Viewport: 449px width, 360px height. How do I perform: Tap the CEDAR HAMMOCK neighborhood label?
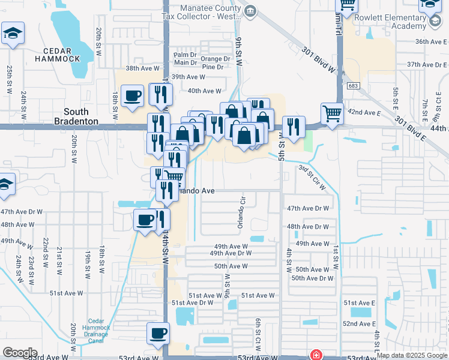pos(57,55)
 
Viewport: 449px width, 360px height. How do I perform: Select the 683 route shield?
pos(353,86)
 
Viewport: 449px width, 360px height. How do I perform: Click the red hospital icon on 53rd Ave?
pos(315,355)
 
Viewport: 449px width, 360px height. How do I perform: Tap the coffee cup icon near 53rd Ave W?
pos(158,333)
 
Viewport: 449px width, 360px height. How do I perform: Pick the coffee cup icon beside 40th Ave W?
pos(132,95)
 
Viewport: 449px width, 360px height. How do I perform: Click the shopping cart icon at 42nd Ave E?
pos(331,113)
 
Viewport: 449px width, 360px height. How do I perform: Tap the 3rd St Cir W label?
pos(312,177)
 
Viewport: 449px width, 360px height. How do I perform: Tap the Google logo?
pos(20,353)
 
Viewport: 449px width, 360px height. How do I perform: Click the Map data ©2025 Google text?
pos(411,355)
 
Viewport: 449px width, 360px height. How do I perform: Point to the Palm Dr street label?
pos(185,55)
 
